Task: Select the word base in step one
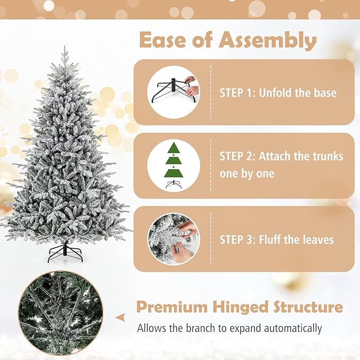(x=323, y=93)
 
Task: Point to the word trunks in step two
(x=326, y=157)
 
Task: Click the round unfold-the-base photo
(x=173, y=92)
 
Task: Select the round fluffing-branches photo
(x=173, y=239)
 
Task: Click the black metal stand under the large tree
(x=65, y=252)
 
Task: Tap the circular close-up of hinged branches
(x=58, y=313)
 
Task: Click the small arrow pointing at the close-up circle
(x=121, y=317)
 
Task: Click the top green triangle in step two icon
(x=173, y=148)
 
